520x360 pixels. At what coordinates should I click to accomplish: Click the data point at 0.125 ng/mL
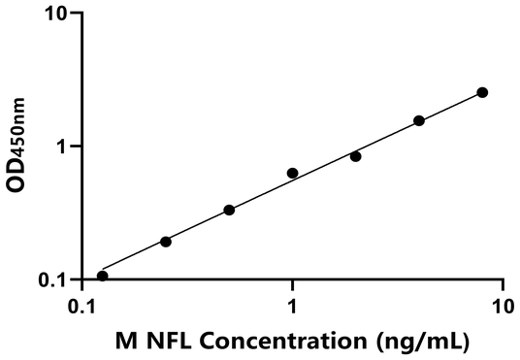pos(103,276)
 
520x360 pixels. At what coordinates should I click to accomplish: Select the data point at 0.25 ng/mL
pos(166,242)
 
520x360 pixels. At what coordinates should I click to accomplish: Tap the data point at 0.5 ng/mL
pos(229,210)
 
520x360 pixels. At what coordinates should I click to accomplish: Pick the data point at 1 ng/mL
pos(292,173)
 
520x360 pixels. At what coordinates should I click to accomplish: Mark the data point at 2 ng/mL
pos(356,156)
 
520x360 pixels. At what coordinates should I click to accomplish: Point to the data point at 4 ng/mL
pos(419,120)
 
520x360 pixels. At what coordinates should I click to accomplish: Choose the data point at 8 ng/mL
pos(482,92)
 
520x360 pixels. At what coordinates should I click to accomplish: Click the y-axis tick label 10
pos(56,15)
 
